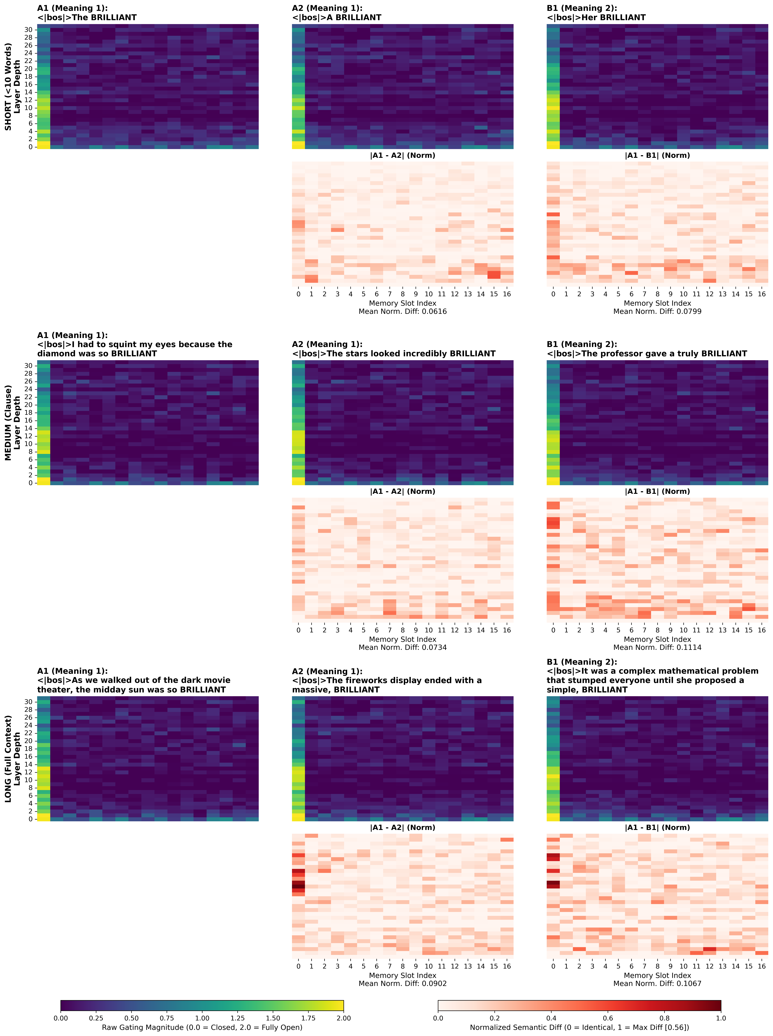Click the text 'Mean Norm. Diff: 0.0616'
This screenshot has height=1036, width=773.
[402, 311]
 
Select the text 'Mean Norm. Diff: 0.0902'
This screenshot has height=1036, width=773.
[402, 984]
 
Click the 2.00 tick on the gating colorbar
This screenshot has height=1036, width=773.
[343, 1018]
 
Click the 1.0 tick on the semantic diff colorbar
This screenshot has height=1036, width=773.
[721, 1018]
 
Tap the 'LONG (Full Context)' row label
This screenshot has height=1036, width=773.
[8, 759]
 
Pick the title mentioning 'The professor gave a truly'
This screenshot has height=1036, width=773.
[647, 354]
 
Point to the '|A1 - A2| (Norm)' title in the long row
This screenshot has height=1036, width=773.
[402, 828]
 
